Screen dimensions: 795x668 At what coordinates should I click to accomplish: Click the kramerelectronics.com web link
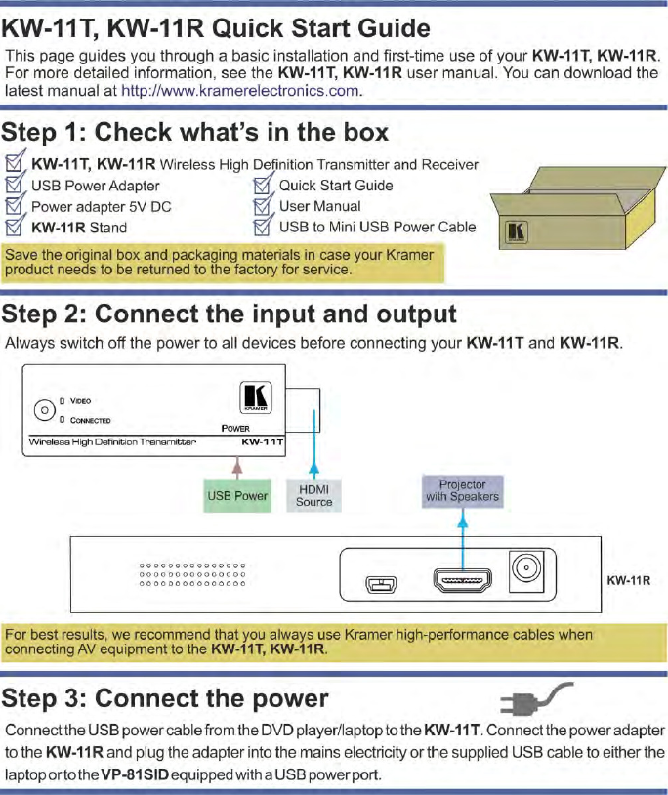coord(241,92)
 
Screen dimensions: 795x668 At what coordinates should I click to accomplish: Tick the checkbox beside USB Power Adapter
coord(16,185)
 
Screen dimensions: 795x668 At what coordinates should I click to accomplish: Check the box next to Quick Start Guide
coord(263,185)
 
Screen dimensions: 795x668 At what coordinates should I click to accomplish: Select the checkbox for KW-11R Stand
coord(16,228)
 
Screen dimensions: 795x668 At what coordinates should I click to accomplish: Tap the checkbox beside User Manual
coord(263,206)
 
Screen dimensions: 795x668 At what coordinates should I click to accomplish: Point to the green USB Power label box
coord(237,495)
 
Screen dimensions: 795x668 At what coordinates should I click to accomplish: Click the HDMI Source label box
coord(313,495)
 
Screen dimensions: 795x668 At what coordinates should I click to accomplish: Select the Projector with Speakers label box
coord(461,490)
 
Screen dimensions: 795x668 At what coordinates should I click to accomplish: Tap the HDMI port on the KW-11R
coord(462,583)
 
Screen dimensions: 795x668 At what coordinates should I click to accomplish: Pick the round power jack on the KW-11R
coord(527,572)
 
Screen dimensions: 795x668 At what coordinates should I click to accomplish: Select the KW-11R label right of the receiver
coord(629,580)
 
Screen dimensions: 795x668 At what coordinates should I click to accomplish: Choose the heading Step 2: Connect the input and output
coord(229,314)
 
